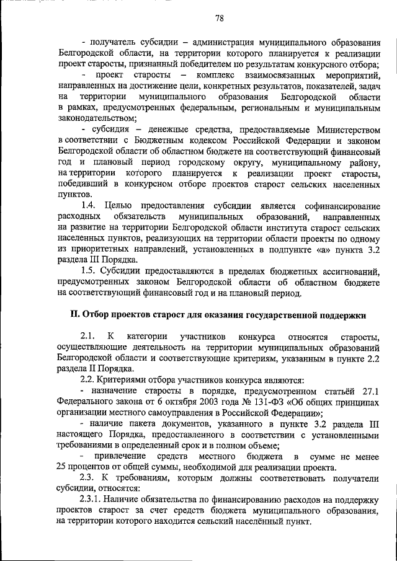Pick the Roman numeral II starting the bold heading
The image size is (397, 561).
[x=75, y=314]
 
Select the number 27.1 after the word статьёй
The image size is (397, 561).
[x=368, y=389]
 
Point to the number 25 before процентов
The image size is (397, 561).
[x=60, y=467]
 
